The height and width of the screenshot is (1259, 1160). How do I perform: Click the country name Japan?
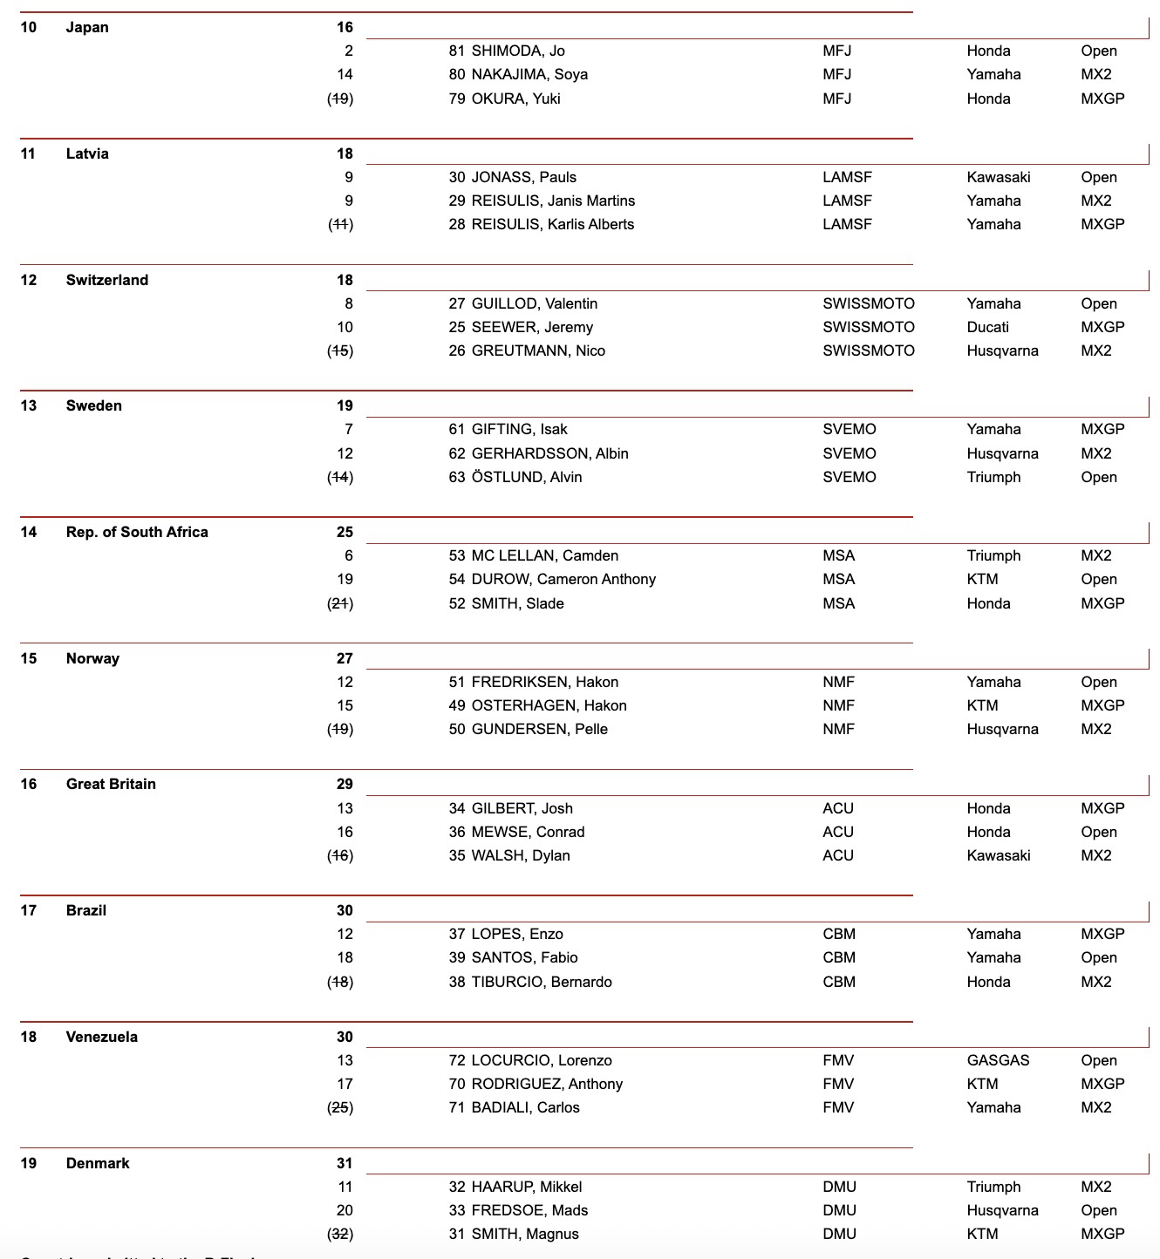coord(87,27)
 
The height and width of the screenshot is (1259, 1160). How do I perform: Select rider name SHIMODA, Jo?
coord(518,51)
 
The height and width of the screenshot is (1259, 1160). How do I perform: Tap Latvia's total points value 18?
coord(345,153)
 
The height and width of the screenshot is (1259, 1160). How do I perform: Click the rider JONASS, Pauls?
coord(523,177)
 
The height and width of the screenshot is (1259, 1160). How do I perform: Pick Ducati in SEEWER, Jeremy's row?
coord(987,327)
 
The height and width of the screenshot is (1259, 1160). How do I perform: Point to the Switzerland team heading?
coord(107,280)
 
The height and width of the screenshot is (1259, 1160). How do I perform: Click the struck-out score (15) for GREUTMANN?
coord(340,350)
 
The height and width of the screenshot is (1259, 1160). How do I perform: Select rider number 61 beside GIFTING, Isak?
coord(457,429)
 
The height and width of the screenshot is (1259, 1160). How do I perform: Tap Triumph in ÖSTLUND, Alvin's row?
coord(993,477)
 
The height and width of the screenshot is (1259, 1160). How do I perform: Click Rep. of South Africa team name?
coord(137,532)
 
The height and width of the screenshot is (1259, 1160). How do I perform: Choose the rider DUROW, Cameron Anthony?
coord(563,579)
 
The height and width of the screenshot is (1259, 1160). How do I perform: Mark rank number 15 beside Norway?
coord(29,658)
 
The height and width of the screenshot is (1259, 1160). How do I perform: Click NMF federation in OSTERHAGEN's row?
coord(838,705)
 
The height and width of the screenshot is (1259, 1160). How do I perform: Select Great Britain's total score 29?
coord(345,784)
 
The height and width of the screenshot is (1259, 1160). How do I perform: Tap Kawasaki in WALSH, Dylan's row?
coord(998,855)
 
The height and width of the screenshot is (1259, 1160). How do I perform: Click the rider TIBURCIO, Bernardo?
coord(542,982)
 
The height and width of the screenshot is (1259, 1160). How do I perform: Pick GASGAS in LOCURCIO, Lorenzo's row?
coord(998,1060)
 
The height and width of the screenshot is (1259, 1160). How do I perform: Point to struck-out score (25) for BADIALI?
coord(340,1107)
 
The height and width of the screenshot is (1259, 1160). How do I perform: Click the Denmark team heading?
coord(98,1163)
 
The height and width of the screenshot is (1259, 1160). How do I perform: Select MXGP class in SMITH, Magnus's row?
coord(1102,1234)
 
